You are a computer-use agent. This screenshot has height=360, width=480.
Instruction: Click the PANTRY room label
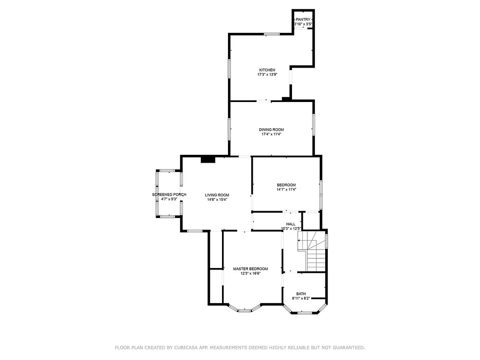[x=303, y=20]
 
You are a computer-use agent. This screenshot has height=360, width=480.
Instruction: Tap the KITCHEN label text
[x=267, y=70]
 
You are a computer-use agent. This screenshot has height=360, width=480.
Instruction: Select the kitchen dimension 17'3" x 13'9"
[x=267, y=74]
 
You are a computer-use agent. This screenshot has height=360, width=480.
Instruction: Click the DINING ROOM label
[x=271, y=130]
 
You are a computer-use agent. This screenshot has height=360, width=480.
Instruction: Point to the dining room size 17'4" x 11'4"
[x=271, y=134]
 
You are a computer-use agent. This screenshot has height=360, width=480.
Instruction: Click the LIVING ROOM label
[x=217, y=195]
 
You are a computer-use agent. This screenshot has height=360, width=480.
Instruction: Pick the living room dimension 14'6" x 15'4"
[x=217, y=200]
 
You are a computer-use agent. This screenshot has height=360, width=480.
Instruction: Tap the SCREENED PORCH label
[x=169, y=194]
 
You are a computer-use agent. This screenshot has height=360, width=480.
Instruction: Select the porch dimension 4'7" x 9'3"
[x=169, y=199]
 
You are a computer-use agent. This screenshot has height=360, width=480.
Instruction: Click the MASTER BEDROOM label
[x=250, y=269]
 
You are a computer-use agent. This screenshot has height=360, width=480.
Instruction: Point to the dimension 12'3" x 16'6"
[x=250, y=274]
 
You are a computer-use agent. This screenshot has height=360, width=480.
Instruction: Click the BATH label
[x=301, y=294]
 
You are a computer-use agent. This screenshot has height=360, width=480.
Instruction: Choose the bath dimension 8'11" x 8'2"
[x=301, y=298]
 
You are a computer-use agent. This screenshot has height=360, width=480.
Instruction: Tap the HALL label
[x=291, y=224]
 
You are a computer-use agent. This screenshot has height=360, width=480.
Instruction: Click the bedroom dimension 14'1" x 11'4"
[x=286, y=190]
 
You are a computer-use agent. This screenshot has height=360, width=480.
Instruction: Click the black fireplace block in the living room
[x=208, y=160]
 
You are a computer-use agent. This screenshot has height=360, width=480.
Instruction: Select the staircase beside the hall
[x=312, y=251]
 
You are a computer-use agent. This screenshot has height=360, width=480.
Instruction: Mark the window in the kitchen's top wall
[x=272, y=34]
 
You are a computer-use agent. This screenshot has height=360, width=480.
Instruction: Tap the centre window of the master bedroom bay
[x=244, y=310]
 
